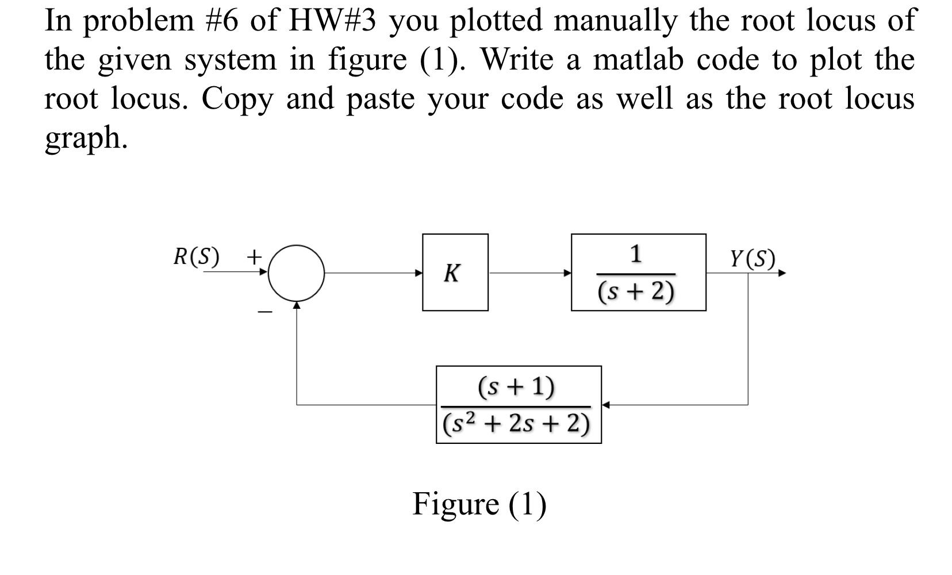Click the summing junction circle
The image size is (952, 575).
(297, 273)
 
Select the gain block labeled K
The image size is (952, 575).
(455, 273)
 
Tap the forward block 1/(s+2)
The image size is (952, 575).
(638, 273)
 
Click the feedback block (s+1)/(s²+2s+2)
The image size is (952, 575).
(519, 405)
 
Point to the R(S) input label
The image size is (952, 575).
(196, 257)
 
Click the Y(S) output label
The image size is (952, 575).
(753, 259)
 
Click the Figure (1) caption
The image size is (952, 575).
(479, 504)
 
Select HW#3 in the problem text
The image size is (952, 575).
(332, 21)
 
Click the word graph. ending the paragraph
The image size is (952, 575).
(86, 138)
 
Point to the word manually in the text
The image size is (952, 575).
(617, 21)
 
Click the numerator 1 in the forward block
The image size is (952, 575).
(635, 254)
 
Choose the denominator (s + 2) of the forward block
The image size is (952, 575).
(636, 292)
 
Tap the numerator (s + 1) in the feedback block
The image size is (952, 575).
(516, 387)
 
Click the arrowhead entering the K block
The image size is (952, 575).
(419, 273)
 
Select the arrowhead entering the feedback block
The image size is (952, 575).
(605, 405)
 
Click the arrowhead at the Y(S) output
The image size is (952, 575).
(782, 273)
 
